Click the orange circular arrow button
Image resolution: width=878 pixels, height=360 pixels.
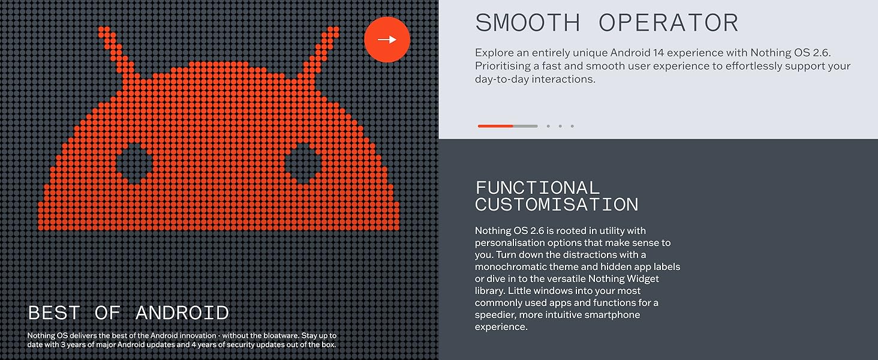pyautogui.click(x=387, y=40)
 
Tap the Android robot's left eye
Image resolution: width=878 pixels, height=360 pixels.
pyautogui.click(x=134, y=164)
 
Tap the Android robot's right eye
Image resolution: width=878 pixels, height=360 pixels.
pyautogui.click(x=303, y=164)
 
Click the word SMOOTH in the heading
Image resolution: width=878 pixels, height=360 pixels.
pyautogui.click(x=528, y=23)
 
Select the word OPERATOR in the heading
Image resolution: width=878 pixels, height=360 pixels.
pyautogui.click(x=669, y=23)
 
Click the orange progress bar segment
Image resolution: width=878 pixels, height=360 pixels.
pyautogui.click(x=495, y=126)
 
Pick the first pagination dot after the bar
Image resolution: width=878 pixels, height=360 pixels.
pyautogui.click(x=548, y=126)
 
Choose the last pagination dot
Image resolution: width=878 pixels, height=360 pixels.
pyautogui.click(x=572, y=126)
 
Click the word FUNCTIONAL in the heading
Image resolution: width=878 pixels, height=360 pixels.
pyautogui.click(x=537, y=188)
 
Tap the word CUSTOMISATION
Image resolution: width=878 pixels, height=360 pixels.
pyautogui.click(x=557, y=205)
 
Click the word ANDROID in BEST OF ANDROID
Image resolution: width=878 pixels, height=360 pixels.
pyautogui.click(x=182, y=313)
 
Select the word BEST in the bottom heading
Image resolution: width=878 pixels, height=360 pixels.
pyautogui.click(x=54, y=313)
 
